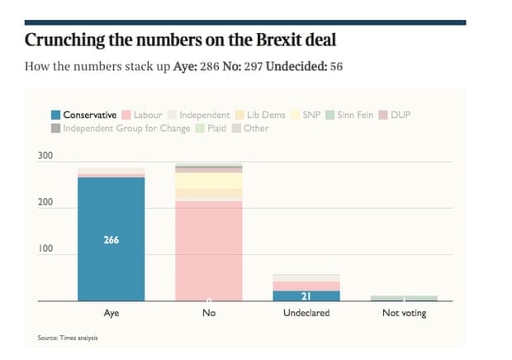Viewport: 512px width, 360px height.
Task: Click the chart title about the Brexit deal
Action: point(182,40)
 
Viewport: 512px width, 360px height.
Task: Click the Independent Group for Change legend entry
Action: point(121,128)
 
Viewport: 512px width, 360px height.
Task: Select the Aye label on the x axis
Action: point(111,314)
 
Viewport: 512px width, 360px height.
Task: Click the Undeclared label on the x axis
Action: point(306,314)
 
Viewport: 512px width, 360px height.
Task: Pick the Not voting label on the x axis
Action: point(404,314)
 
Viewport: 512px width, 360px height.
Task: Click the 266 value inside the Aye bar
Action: point(111,240)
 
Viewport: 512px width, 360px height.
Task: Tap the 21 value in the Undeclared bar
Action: point(306,296)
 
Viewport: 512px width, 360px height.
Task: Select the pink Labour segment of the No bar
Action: point(208,248)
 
